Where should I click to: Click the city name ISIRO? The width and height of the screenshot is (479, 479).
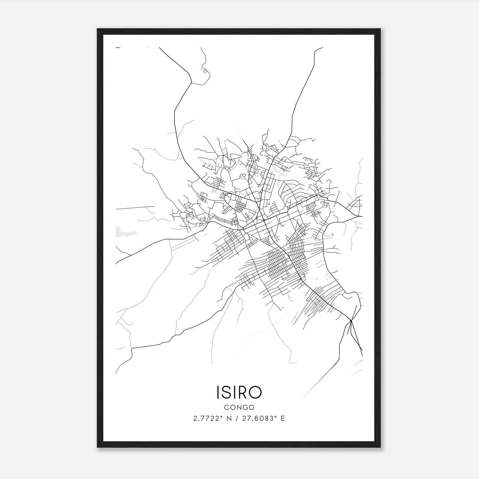click(239, 392)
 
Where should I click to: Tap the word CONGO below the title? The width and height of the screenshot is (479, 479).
click(239, 407)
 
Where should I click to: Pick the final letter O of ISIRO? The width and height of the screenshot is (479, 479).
click(256, 392)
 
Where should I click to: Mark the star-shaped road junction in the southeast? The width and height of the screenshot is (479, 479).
click(351, 321)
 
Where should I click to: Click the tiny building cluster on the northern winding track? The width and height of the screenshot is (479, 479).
click(205, 71)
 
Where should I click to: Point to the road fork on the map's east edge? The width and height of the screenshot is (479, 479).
click(359, 216)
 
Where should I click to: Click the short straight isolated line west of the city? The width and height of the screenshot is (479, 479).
click(135, 207)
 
